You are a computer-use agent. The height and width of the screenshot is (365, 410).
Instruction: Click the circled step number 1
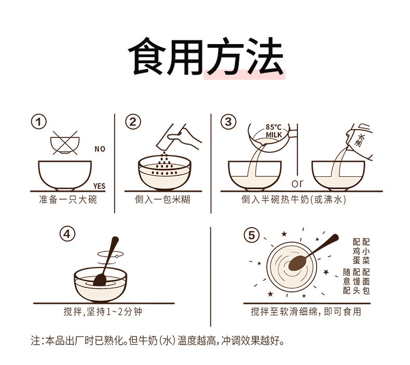39,122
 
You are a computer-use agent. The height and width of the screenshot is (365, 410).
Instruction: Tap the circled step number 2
133,122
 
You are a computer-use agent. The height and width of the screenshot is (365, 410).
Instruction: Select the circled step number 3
228,122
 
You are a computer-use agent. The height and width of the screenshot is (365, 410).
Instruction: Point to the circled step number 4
67,234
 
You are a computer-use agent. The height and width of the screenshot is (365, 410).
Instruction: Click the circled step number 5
251,235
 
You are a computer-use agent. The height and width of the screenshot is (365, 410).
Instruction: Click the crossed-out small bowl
65,143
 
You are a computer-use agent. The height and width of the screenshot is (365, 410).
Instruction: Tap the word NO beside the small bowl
100,149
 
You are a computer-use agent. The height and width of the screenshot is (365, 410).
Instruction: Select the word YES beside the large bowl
99,186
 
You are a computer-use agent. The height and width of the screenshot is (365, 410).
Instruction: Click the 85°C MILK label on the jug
274,131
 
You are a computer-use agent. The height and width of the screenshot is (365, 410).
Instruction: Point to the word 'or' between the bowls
297,183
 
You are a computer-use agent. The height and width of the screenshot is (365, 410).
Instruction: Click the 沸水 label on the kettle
360,139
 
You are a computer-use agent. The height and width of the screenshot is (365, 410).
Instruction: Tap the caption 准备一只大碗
68,200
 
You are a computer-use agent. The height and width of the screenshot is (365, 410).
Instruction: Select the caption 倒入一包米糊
162,200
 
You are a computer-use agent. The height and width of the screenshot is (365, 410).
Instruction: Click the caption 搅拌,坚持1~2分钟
103,312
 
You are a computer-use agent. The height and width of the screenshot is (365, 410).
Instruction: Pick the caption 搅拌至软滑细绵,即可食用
306,312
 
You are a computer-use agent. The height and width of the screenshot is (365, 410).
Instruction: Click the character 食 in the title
147,56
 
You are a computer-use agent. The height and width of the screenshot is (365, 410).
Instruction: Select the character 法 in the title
264,56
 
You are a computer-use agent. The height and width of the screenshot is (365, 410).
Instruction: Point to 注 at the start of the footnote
36,341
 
